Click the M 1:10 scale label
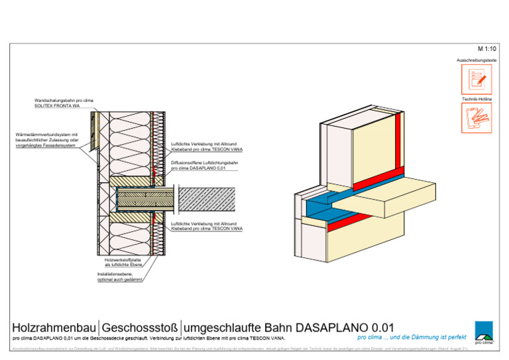point(486,49)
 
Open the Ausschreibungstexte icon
point(477,80)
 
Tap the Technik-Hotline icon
point(477,118)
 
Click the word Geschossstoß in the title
point(139,328)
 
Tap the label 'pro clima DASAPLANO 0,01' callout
point(199,169)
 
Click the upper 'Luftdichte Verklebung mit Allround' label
point(203,144)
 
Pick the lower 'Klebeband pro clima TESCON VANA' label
point(206,229)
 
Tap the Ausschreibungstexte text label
point(477,60)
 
